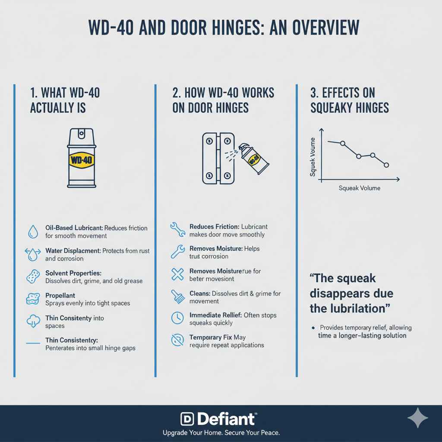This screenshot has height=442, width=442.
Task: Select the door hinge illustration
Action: pos(218,159)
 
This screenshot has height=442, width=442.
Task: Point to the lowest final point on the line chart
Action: pos(386,165)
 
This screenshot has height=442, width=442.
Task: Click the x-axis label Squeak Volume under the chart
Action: pos(360,188)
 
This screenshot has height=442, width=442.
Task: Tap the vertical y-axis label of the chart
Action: pos(313,157)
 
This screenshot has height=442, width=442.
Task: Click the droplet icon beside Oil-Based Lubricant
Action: pos(33,232)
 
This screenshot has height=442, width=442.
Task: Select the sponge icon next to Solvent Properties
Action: pos(33,277)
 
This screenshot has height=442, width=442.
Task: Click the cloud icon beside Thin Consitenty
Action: pos(33,322)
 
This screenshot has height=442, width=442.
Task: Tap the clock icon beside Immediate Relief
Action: pos(177,318)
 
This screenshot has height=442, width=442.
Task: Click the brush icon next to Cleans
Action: pos(177,297)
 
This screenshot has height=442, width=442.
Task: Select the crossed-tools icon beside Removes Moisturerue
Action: pos(177,275)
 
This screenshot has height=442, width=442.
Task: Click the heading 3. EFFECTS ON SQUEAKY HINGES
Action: pos(349,100)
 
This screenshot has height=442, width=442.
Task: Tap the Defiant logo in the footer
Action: pos(218,418)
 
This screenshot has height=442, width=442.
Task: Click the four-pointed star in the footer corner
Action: pos(418,418)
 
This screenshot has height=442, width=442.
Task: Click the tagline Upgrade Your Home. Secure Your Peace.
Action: pos(221,433)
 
